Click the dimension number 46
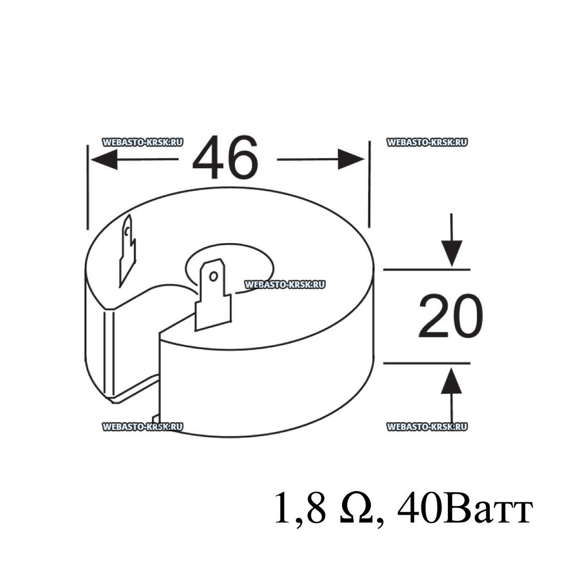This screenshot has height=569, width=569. point(225,158)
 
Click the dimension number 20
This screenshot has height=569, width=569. point(451,316)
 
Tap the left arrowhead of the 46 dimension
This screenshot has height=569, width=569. point(104,159)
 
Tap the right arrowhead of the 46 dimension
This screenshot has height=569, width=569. point(351,159)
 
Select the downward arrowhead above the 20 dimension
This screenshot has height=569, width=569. point(452,253)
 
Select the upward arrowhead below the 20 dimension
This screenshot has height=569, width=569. point(452,381)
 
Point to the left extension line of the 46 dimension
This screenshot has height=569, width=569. point(87,187)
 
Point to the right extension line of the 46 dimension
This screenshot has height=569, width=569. point(369,184)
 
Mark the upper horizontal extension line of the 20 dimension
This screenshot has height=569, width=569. point(427,269)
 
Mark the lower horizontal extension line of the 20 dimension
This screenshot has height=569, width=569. point(427,363)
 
